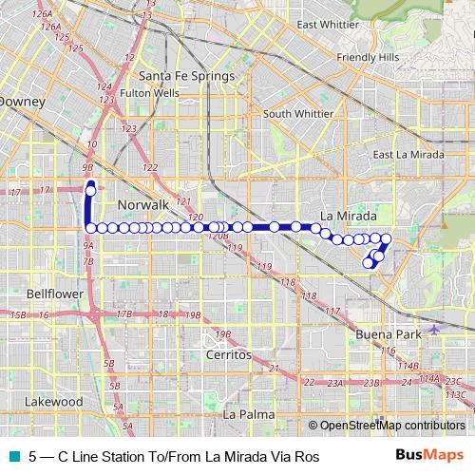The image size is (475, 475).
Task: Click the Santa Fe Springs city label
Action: pyautogui.click(x=173, y=76)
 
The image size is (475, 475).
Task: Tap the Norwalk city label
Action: pyautogui.click(x=142, y=205)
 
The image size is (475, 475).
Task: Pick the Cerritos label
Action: pyautogui.click(x=227, y=354)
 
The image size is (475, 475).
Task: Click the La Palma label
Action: pyautogui.click(x=248, y=415)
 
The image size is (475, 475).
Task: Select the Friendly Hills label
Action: pyautogui.click(x=370, y=58)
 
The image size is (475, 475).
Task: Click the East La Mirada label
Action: pyautogui.click(x=408, y=155)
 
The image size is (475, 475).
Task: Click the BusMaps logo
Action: pyautogui.click(x=430, y=456)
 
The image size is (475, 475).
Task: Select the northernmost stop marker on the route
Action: pyautogui.click(x=90, y=191)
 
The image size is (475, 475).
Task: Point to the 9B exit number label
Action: pyautogui.click(x=88, y=162)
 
